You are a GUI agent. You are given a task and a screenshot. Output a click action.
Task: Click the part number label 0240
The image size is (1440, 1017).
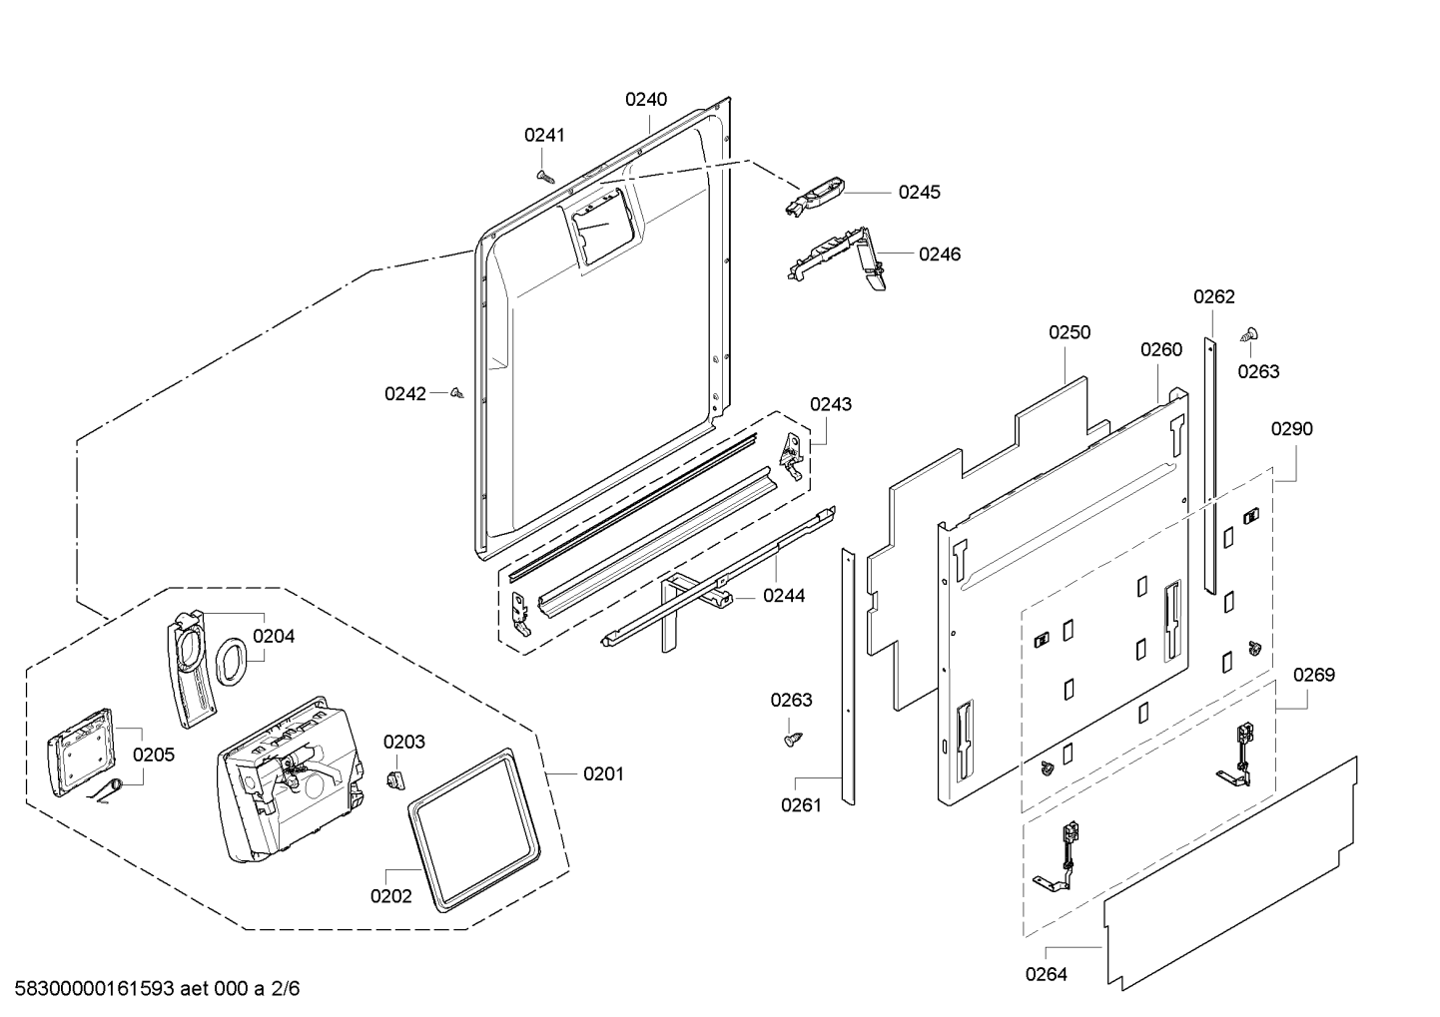pos(646,100)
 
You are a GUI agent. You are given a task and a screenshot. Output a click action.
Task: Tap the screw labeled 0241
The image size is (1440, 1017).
pos(545,176)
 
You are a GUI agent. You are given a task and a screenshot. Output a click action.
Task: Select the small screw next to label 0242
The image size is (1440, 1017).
pos(457,392)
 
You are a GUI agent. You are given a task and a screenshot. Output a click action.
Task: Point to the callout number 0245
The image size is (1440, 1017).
pos(920,192)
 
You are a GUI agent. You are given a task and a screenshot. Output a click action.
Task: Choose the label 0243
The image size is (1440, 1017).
pos(831,404)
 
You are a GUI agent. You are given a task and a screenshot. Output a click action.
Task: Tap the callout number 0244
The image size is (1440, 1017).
pos(784,596)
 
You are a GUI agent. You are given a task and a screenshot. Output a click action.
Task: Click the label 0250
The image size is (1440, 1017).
pos(1070,332)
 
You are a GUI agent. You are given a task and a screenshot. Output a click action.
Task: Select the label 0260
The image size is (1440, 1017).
pos(1161,349)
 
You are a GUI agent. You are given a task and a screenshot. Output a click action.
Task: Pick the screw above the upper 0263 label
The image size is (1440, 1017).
pos(1249,334)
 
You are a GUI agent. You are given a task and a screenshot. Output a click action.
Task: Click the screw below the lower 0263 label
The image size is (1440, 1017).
pos(794,740)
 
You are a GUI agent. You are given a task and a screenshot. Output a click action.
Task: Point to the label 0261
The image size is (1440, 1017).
pos(802,805)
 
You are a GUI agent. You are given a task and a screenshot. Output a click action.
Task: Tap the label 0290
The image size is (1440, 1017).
pos(1292,428)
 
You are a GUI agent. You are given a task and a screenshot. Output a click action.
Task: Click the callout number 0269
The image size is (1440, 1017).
pos(1314,675)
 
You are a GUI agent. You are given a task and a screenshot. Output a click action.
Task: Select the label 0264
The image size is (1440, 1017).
pos(1047,975)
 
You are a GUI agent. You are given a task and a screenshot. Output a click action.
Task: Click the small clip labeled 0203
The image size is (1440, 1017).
pos(395,778)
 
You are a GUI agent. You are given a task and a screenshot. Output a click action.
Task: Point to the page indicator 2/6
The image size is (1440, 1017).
pos(285,989)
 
